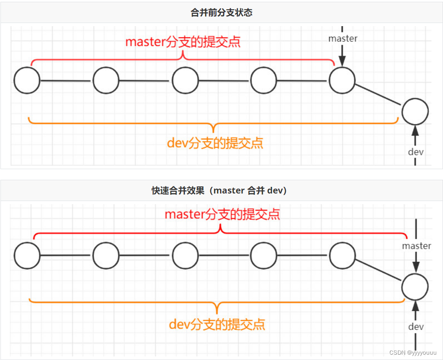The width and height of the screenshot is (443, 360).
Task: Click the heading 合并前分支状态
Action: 221,12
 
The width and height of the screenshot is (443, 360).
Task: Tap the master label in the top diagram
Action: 343,39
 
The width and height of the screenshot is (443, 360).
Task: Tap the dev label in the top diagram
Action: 416,152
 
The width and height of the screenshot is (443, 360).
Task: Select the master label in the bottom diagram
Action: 416,246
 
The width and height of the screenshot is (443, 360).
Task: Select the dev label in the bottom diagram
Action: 416,327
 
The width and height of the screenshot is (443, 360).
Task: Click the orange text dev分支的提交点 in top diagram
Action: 215,143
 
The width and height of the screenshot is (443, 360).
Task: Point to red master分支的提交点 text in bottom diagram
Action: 222,214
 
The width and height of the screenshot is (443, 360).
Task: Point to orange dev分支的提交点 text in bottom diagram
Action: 217,324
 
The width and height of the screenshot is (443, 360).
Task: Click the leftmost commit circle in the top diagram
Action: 27,81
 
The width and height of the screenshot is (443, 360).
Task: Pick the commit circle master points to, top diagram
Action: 342,81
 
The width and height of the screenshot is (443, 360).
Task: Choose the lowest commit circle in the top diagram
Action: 415,112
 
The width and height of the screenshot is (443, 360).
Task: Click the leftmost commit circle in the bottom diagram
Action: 27,255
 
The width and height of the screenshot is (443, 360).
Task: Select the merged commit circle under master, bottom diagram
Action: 415,286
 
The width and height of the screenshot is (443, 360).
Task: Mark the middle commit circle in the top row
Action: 185,81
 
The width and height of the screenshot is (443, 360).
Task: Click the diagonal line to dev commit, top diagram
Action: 379,96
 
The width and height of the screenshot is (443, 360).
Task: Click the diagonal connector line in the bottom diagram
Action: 379,271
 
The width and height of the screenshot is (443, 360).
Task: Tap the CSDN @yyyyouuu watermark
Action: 412,352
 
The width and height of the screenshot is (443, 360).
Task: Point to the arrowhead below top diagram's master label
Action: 342,62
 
